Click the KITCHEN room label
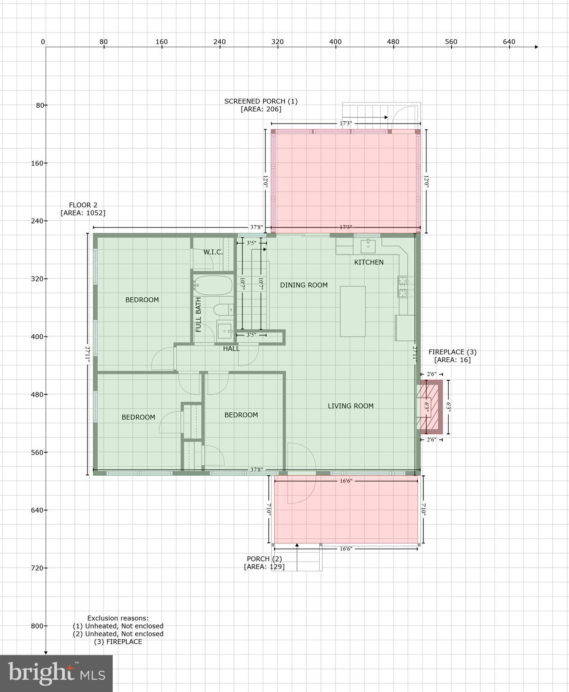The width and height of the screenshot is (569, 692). (368, 262)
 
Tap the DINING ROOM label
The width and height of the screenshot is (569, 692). (303, 285)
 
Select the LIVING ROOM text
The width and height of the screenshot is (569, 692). (350, 406)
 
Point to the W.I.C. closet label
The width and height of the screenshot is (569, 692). (213, 252)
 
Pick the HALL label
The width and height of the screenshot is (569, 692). (231, 348)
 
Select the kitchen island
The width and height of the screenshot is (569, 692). (353, 311)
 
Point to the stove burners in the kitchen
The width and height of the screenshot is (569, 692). (402, 287)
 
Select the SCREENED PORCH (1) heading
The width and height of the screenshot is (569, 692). (261, 101)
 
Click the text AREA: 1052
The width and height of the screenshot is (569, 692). (83, 213)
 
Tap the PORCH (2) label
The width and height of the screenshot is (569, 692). (264, 559)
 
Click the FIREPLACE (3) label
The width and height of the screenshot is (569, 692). (452, 352)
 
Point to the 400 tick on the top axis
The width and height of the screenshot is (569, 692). (335, 42)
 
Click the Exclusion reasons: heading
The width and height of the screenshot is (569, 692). (118, 618)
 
